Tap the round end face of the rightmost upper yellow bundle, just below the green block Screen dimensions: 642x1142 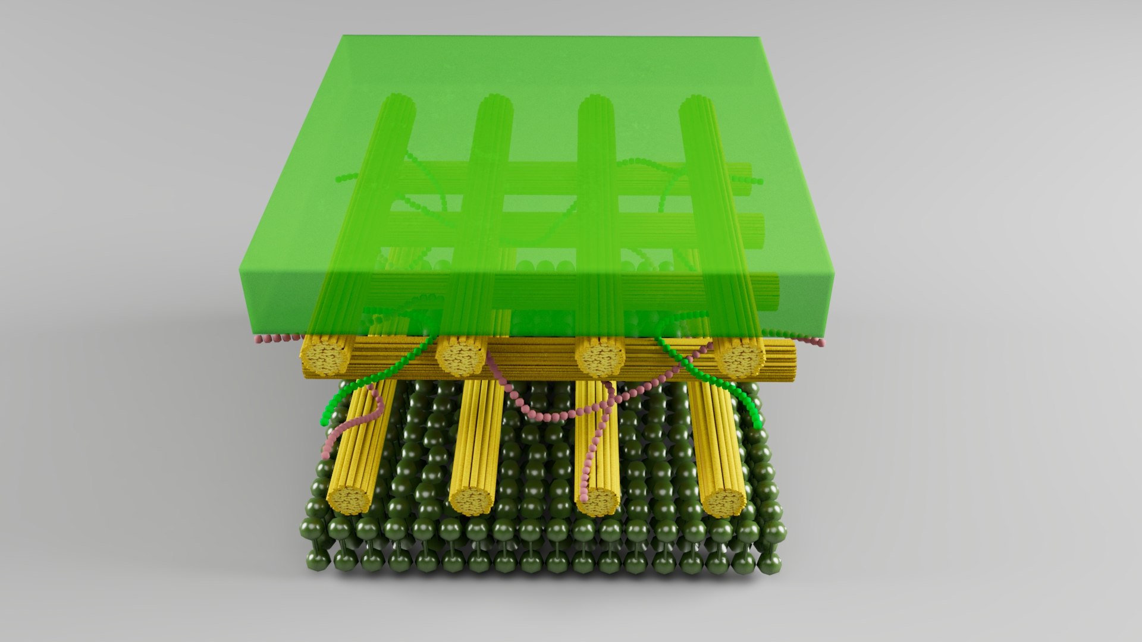[741, 357]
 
